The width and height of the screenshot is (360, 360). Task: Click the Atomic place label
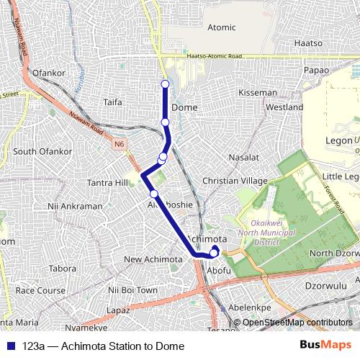point(221,27)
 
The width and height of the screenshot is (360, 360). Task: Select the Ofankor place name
point(49,73)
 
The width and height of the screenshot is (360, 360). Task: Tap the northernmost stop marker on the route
point(165,85)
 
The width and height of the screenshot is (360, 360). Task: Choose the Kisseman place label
point(257,93)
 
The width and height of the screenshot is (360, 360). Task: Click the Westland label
point(284,107)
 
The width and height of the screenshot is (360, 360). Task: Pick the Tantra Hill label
point(107,182)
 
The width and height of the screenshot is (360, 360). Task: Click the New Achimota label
point(153,259)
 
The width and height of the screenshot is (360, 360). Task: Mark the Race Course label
point(40,290)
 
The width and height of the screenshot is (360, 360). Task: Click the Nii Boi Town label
point(132,289)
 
